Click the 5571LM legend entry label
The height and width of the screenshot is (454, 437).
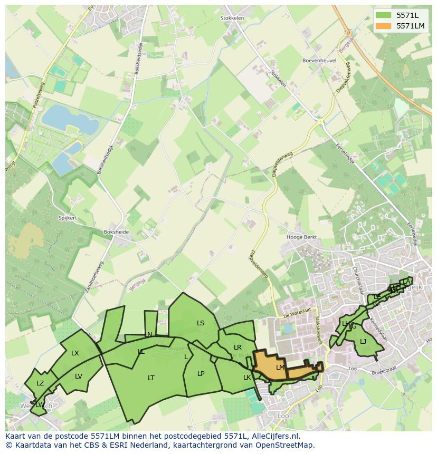410,26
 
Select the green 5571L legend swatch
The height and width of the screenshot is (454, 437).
384,15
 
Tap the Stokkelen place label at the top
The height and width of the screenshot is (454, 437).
232,18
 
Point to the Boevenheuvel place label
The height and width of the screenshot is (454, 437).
319,61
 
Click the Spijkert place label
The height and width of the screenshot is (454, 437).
68,218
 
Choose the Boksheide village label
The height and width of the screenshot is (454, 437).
117,231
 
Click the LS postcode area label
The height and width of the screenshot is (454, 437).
201,323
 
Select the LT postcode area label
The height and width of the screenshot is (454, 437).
151,378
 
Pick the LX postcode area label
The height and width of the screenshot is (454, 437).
75,353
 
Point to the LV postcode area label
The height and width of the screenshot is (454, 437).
79,376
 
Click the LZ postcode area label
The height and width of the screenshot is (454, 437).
40,383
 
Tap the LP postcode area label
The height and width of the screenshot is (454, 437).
201,373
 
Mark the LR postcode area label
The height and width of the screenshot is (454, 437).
237,347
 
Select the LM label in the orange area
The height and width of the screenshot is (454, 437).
280,367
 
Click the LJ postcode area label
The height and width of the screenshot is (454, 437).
363,342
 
